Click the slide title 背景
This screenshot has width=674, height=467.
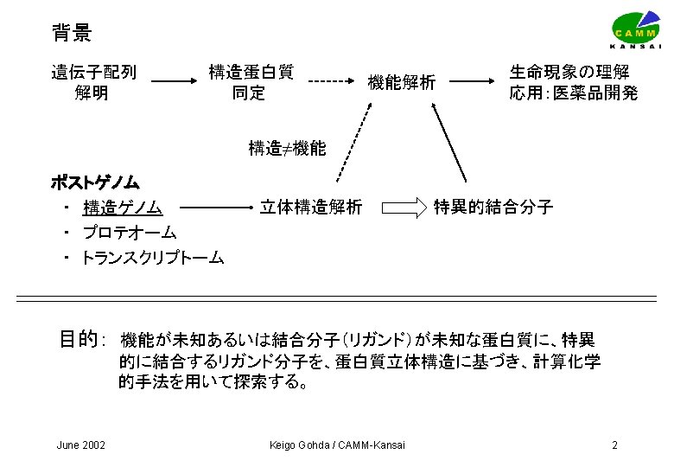[72, 34]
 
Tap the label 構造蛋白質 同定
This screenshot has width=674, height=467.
[251, 82]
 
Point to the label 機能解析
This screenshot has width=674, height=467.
[401, 83]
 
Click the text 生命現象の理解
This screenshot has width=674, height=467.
[569, 72]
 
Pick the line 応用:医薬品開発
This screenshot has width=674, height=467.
[573, 93]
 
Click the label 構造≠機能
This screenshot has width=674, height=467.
[287, 148]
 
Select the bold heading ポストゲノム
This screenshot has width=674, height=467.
[95, 183]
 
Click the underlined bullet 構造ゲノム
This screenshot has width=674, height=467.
[123, 208]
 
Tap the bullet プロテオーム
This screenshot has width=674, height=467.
[130, 232]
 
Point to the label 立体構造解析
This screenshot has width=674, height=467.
[311, 207]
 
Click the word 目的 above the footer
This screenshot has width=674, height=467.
[77, 339]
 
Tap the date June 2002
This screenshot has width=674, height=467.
[80, 445]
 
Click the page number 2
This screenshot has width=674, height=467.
[614, 445]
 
